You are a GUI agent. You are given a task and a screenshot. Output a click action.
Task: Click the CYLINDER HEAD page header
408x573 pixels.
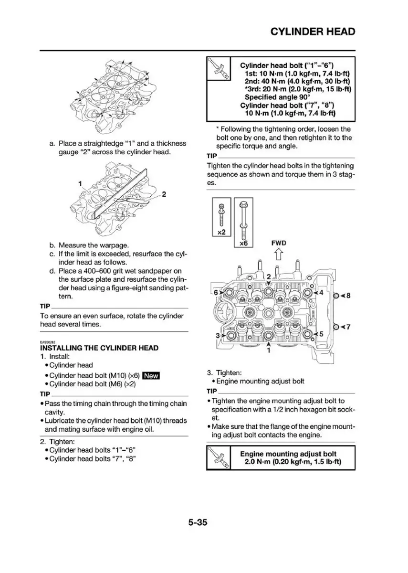313,32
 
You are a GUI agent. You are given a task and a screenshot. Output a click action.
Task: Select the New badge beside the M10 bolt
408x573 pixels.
151,375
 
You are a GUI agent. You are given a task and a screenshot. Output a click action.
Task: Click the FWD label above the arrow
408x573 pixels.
280,243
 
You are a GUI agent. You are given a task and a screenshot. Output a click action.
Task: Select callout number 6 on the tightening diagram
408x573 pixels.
215,292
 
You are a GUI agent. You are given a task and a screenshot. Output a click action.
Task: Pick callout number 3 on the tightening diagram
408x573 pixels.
217,336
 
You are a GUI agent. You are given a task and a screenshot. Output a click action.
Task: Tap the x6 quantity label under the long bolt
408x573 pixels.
243,243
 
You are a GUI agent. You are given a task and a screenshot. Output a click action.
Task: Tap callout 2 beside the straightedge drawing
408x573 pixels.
164,194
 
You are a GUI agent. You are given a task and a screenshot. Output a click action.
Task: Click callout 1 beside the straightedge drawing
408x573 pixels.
81,183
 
